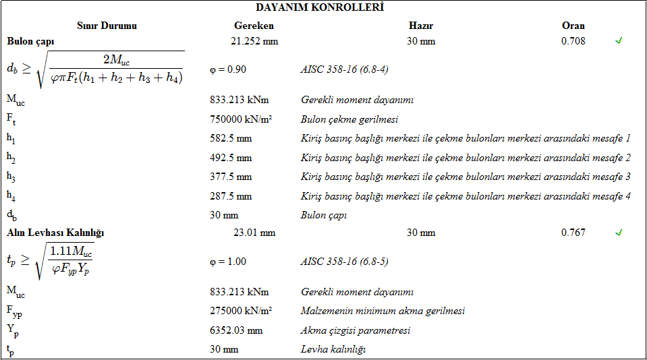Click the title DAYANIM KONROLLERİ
[x=320, y=7]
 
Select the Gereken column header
[x=254, y=26]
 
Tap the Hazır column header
[x=421, y=26]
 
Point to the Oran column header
[x=573, y=26]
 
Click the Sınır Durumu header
[x=107, y=26]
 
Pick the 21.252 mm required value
[x=254, y=41]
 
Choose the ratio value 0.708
[x=573, y=41]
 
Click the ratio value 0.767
[x=573, y=233]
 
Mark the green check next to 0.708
[x=619, y=41]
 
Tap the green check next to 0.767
[x=619, y=233]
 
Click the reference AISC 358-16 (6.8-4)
[x=344, y=69]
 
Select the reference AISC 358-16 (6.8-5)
[x=344, y=262]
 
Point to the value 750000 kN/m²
[x=241, y=119]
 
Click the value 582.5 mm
[x=231, y=139]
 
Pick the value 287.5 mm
[x=231, y=196]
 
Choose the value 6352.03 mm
[x=235, y=330]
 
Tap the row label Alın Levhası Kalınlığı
[x=55, y=233]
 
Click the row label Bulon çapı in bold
[x=31, y=41]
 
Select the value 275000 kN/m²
[x=241, y=311]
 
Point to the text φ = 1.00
[x=228, y=262]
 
